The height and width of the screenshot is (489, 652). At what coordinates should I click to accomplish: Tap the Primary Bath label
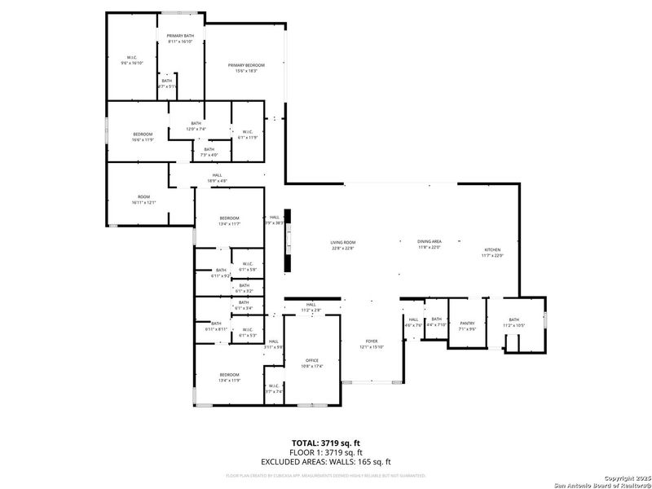coord(180,39)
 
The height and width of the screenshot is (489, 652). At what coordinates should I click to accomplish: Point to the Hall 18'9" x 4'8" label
coord(217,177)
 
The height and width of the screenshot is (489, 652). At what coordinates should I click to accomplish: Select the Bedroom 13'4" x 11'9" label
coord(230,377)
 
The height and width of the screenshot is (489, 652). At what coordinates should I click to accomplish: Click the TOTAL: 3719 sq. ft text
coord(326,443)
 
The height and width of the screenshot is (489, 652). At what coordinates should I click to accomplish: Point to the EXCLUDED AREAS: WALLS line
coord(326,462)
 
